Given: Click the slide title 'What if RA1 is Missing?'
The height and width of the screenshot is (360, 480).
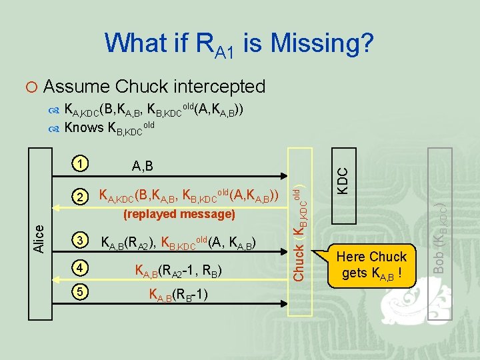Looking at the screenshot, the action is pos(239,44).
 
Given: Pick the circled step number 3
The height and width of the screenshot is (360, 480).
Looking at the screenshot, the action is pos(80,241).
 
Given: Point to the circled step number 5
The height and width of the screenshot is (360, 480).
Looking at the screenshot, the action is pos(80,293).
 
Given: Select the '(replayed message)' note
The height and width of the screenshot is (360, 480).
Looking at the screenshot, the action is pos(179,214).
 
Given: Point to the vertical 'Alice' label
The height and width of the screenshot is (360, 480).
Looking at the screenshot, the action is pos(41,238).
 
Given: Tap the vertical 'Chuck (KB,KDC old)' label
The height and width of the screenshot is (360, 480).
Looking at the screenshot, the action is pos(299,233).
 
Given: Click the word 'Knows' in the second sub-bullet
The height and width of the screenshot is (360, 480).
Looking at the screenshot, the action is pos(84,127).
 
